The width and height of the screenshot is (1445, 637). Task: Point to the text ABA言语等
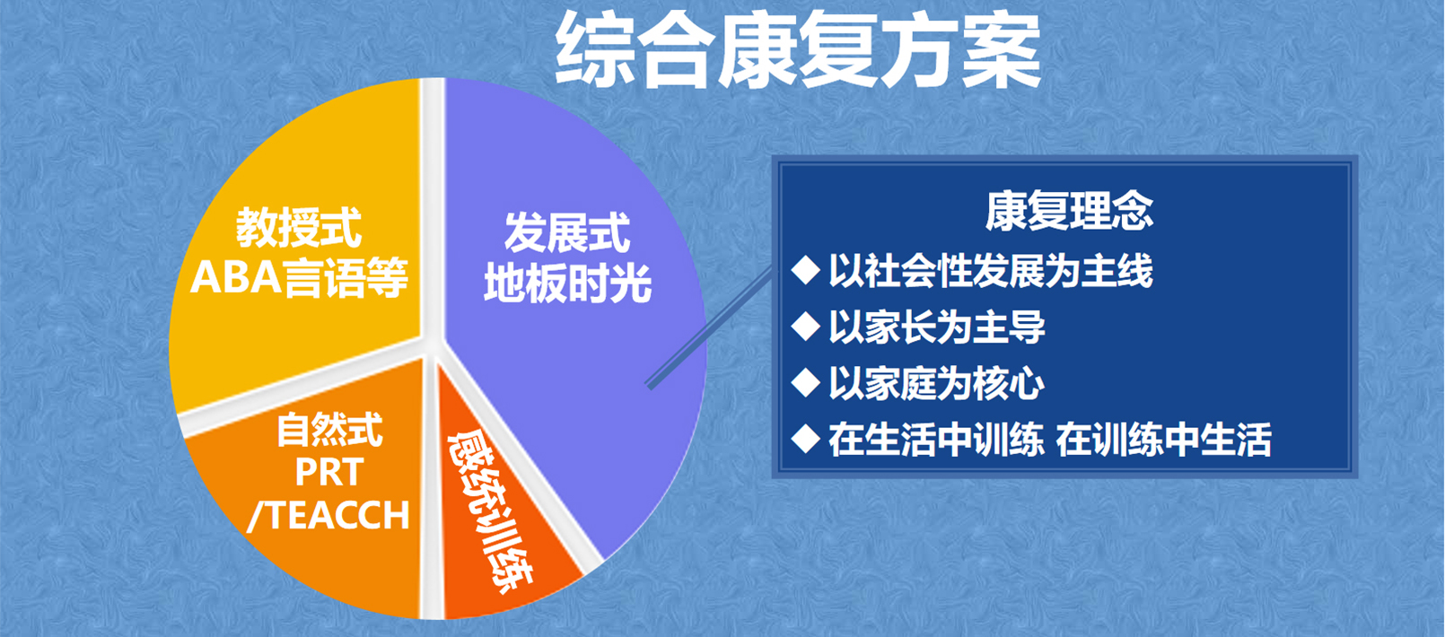(299, 278)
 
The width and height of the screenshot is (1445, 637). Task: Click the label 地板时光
(567, 283)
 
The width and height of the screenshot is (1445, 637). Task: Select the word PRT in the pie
(329, 472)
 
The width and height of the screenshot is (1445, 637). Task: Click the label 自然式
(329, 430)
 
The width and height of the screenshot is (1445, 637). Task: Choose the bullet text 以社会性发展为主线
(990, 271)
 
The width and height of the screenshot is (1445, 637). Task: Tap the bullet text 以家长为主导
(937, 327)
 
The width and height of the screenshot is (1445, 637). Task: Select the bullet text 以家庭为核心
(937, 384)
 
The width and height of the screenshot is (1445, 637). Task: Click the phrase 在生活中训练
(936, 440)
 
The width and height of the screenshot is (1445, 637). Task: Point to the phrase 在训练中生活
(1163, 440)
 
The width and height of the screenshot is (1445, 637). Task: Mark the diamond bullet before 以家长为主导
(806, 327)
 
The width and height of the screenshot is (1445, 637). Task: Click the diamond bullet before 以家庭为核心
(806, 382)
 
